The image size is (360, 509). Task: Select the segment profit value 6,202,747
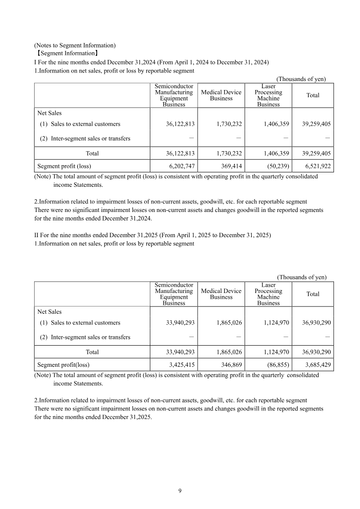(x=182, y=166)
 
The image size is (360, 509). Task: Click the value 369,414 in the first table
(x=231, y=166)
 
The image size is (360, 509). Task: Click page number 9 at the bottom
(x=180, y=491)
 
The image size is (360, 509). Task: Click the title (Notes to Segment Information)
(x=75, y=45)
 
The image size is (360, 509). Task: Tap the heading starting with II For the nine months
(x=153, y=235)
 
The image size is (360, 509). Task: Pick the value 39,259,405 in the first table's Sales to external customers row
(x=314, y=124)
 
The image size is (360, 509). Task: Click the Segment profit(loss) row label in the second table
(x=63, y=365)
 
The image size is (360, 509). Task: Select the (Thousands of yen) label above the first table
(x=301, y=79)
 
